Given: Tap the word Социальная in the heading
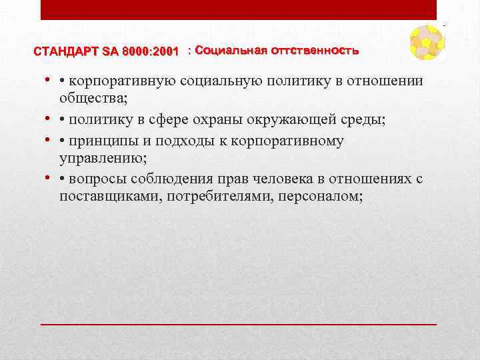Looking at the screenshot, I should click(229, 51).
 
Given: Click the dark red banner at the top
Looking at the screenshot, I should click(239, 9).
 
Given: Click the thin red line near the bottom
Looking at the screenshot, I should click(239, 323).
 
